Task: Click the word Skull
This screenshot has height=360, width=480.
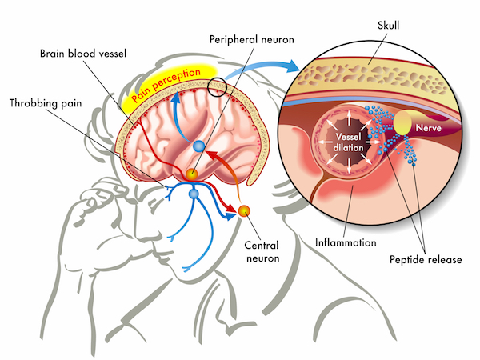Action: [x=388, y=25]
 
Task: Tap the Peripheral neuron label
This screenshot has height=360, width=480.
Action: [x=252, y=39]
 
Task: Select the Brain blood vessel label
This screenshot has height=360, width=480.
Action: [x=83, y=54]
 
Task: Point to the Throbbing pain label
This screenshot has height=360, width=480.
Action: [x=46, y=103]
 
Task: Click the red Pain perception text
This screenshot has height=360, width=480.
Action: [x=166, y=85]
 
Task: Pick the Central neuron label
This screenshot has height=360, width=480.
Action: [x=262, y=252]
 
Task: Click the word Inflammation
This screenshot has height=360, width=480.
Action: [x=346, y=242]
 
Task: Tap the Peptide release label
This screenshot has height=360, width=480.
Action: [x=426, y=259]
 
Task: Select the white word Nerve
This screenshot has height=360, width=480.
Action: [x=428, y=128]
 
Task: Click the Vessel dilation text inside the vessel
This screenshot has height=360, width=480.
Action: [x=348, y=142]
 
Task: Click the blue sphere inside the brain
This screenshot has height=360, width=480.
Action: [x=199, y=146]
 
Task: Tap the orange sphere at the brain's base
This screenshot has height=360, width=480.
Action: [x=192, y=174]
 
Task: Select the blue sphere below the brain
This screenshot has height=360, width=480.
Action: [x=194, y=194]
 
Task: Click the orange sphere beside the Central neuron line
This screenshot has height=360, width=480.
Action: [x=244, y=211]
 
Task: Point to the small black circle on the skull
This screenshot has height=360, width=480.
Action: [x=217, y=87]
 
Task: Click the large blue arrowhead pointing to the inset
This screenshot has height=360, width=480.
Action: [x=291, y=66]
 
